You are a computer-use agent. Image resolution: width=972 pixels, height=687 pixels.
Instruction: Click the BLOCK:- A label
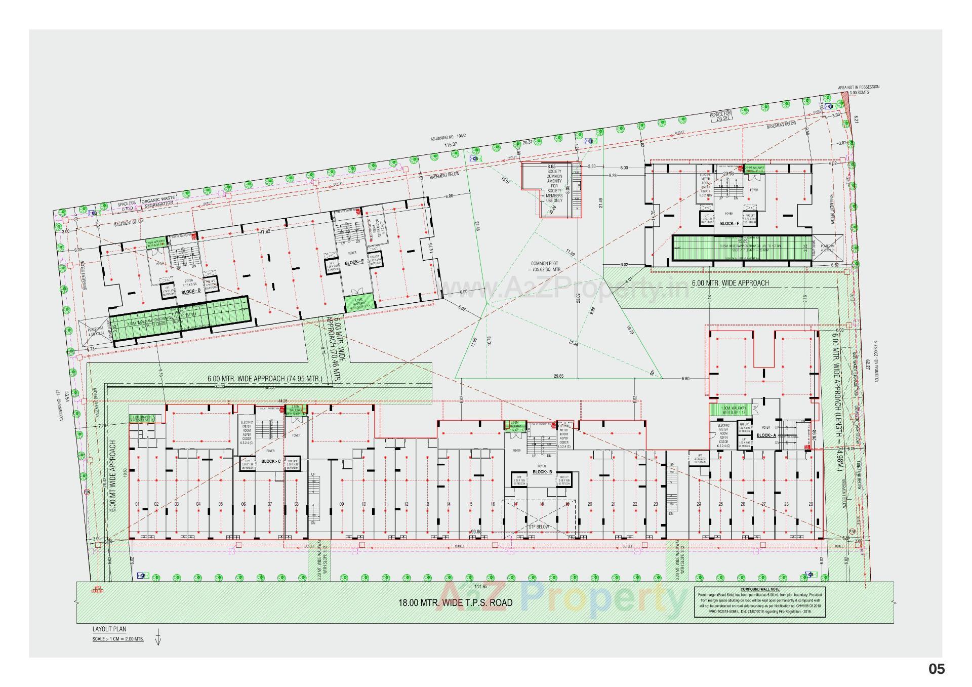pos(766,435)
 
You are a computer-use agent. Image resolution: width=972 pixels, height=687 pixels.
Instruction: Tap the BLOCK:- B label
pos(543,472)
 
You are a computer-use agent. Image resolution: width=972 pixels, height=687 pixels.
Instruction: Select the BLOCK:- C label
pos(271,461)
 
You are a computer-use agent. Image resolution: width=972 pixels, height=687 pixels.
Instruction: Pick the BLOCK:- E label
pos(354,263)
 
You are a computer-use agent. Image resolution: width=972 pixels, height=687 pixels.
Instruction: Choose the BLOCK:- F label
pos(730,223)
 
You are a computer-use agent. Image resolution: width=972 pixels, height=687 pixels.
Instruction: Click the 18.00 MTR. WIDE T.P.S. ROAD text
pos(455,602)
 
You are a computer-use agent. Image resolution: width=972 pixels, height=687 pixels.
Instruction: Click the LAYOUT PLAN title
pos(109,629)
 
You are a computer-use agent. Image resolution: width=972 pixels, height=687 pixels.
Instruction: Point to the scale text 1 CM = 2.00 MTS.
pos(118,639)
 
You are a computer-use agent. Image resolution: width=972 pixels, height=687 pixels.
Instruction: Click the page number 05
pos(936,669)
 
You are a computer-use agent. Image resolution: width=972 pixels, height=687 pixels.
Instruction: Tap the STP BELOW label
pos(539,527)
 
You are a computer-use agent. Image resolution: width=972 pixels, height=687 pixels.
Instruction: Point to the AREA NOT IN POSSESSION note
pos(859,87)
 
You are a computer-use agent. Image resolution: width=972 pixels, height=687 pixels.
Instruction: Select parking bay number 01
pos(137,504)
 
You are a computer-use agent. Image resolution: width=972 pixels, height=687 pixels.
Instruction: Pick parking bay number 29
pos(811,504)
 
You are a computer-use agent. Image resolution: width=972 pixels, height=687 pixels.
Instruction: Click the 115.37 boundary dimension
pos(451,145)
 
